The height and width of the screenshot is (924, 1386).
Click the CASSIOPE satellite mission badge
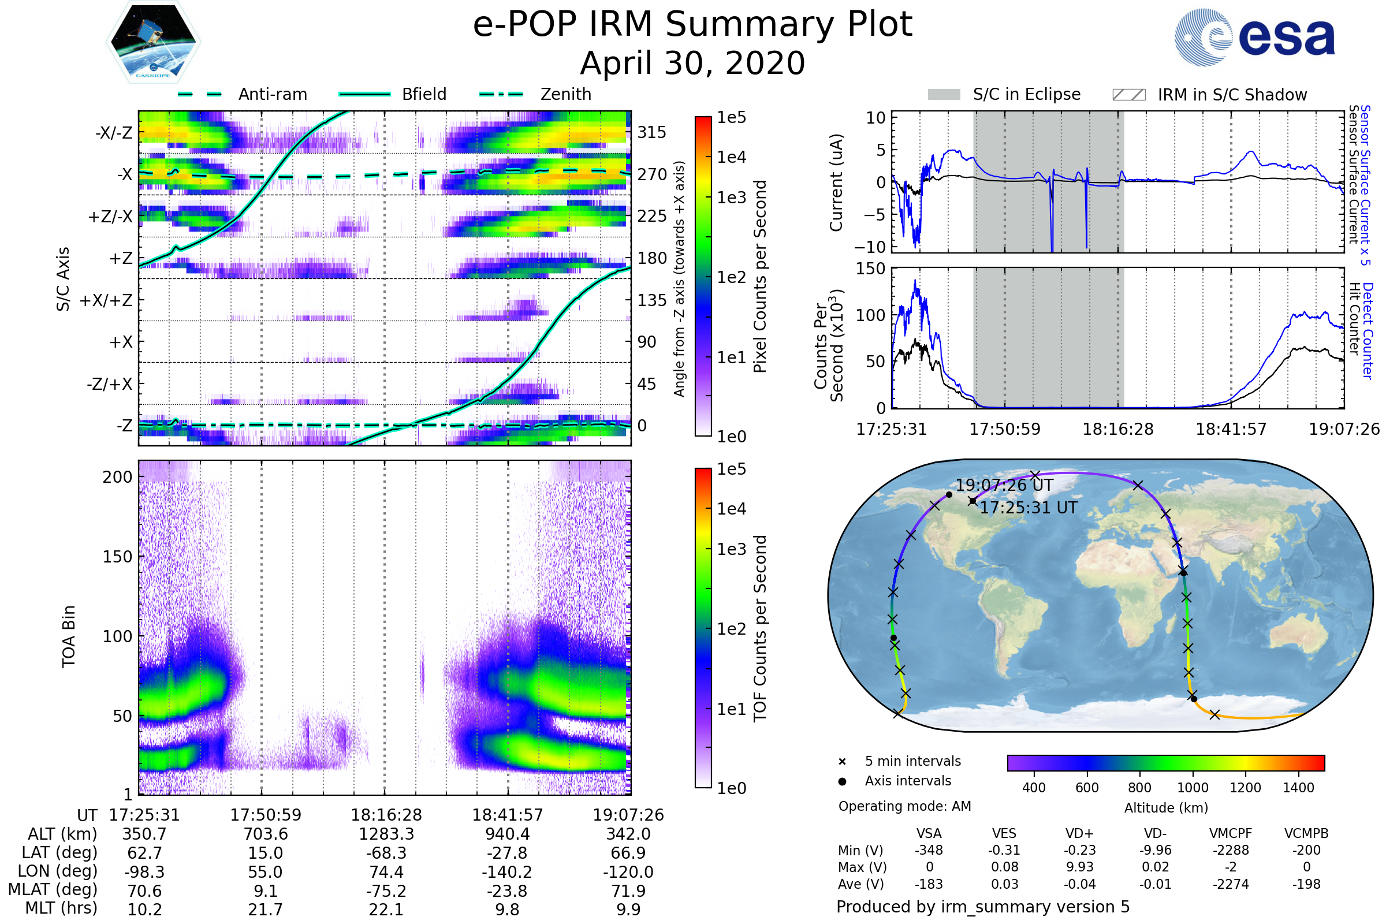pos(153,42)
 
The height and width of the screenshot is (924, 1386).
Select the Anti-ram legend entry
pos(272,94)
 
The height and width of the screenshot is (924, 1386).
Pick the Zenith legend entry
pos(565,94)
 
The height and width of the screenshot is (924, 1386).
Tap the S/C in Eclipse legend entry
pos(1026,94)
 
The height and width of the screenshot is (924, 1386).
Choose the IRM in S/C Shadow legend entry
pos(1232,95)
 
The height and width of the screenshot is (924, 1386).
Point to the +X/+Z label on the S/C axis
pos(106,300)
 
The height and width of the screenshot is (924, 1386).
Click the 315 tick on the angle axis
pos(651,132)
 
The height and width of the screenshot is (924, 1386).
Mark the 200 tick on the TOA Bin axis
pos(117,477)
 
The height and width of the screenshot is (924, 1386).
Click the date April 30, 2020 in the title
pos(692,63)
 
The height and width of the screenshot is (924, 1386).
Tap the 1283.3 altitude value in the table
pos(386,834)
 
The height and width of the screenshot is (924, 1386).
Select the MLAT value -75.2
pos(386,891)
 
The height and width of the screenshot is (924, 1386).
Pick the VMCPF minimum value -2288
pos(1230,850)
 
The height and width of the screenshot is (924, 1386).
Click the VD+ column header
pos(1079,833)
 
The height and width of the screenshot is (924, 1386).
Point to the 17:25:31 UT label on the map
pos(1029,508)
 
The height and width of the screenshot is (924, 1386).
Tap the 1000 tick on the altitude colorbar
pos(1192,788)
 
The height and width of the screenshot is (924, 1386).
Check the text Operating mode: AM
pos(904,806)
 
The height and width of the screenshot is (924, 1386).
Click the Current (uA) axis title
pos(836,182)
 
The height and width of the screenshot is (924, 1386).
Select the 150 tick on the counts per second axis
pos(870,269)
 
